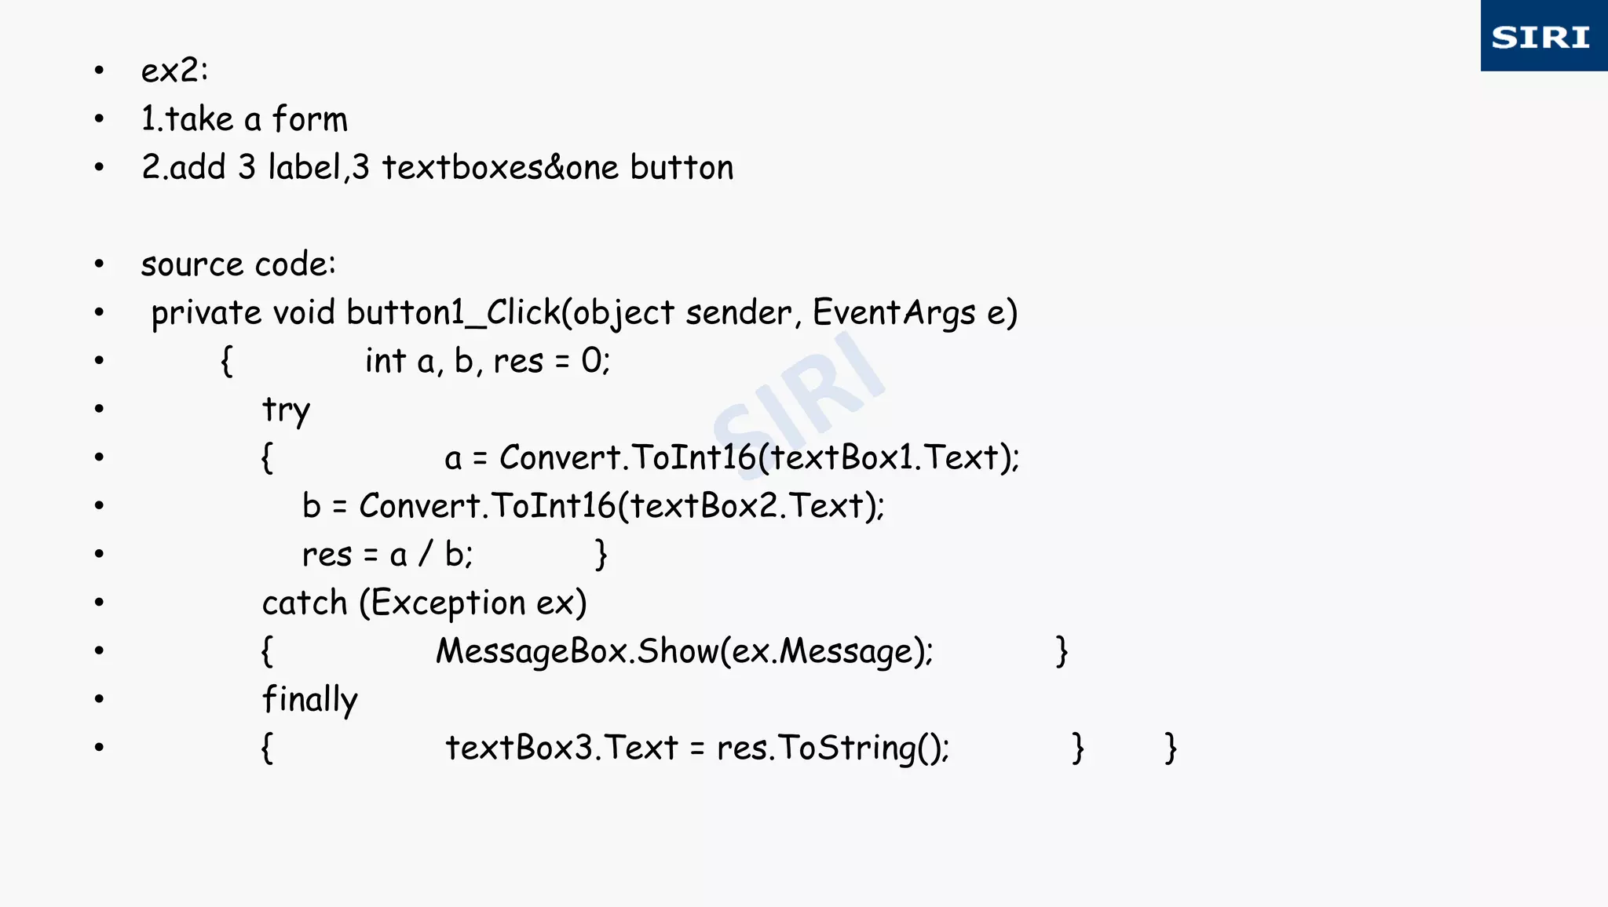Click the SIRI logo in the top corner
click(x=1542, y=37)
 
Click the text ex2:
click(x=174, y=71)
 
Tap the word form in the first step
click(x=309, y=119)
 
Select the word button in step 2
click(x=682, y=168)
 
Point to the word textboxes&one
click(x=500, y=168)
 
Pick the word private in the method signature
click(x=206, y=313)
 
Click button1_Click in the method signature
click(x=453, y=313)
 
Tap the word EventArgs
click(x=894, y=313)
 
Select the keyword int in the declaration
click(x=385, y=362)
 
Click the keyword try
click(x=286, y=410)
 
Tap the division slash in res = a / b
click(x=426, y=555)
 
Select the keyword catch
click(x=305, y=603)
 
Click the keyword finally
click(x=309, y=700)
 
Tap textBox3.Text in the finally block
click(x=561, y=748)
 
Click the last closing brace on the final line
click(x=1170, y=748)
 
